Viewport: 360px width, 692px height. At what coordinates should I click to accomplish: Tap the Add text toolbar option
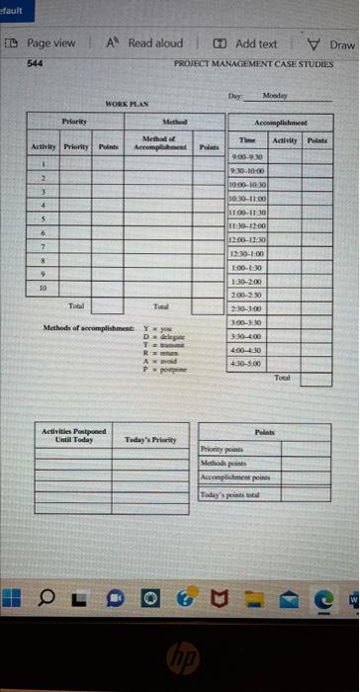point(248,43)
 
